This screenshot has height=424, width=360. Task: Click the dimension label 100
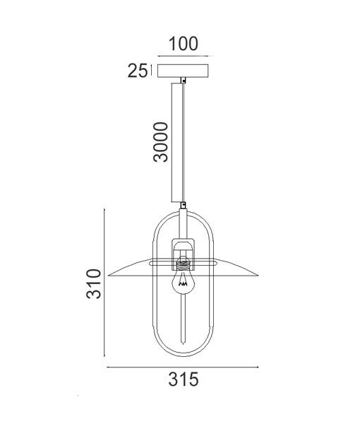[x=184, y=44]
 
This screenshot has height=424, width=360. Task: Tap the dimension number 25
[x=138, y=71]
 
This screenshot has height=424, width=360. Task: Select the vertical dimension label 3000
[x=161, y=142]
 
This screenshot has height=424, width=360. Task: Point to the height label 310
[x=94, y=283]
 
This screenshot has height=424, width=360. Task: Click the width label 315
[x=184, y=379]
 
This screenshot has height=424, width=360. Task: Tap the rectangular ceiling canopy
[x=183, y=71]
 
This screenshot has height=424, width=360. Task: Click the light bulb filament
[x=183, y=283]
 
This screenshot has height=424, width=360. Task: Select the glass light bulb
[x=183, y=281]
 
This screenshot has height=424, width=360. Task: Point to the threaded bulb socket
[x=183, y=264]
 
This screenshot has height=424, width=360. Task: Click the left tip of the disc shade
[x=108, y=276]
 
